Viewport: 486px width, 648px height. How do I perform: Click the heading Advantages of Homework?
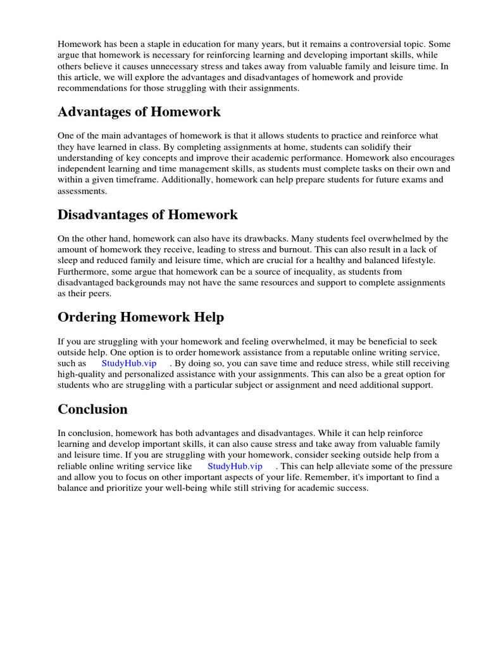pos(139,112)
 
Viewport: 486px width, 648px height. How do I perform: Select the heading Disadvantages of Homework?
pos(147,215)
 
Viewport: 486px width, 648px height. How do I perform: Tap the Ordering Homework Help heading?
pos(140,317)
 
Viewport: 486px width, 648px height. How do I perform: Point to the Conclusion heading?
pos(92,409)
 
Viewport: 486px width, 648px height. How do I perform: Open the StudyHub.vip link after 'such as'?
pos(129,363)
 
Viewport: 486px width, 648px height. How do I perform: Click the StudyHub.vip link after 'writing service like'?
pos(235,466)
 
